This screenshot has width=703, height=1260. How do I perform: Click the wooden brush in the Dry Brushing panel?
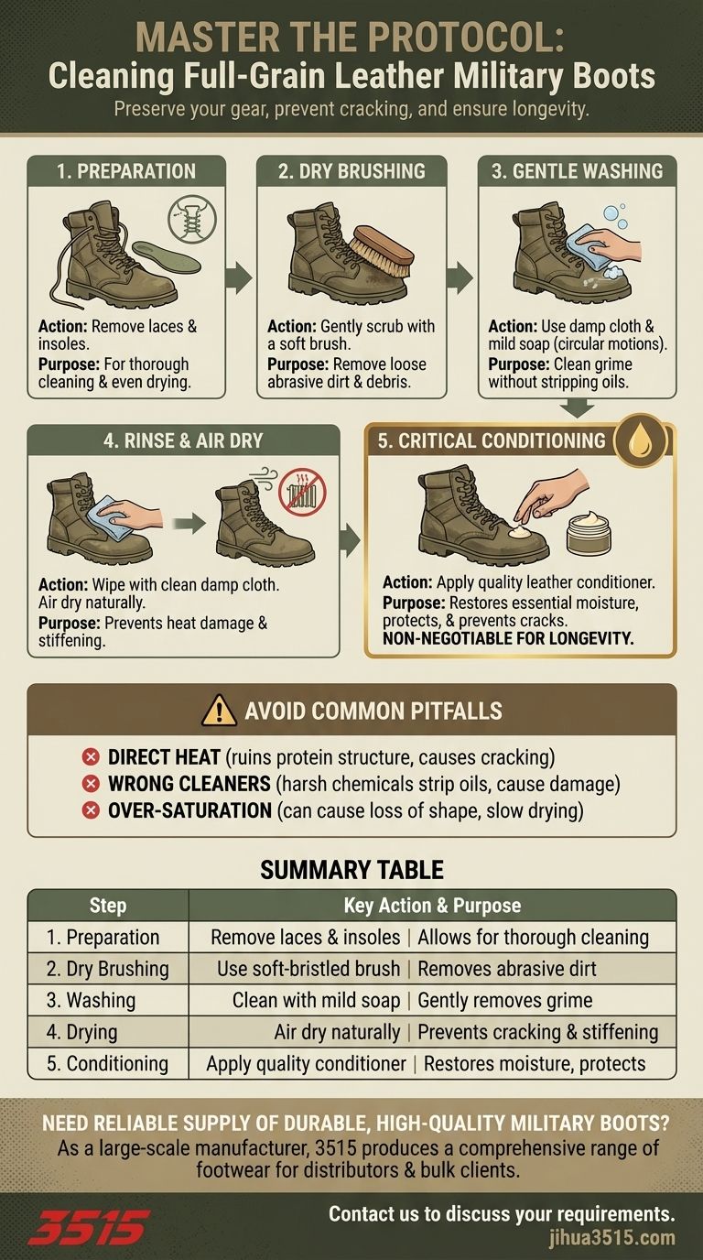(382, 251)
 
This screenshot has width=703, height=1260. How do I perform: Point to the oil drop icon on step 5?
(641, 440)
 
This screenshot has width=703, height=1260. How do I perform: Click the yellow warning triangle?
(219, 711)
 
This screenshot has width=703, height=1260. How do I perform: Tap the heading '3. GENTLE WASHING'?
(577, 171)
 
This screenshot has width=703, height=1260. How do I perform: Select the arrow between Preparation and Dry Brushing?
(241, 277)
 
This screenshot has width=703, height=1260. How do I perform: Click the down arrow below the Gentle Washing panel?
(578, 407)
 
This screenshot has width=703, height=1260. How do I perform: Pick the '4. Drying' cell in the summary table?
(82, 1032)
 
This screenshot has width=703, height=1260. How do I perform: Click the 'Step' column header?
(107, 905)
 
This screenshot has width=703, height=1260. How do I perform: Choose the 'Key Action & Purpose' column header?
(432, 905)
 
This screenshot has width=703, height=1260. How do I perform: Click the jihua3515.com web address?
(611, 1238)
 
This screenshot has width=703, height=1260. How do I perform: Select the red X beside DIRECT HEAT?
(91, 757)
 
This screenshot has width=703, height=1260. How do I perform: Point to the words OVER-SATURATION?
(190, 810)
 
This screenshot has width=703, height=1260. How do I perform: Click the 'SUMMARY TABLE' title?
(352, 870)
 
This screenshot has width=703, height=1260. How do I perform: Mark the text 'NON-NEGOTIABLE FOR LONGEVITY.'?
(508, 638)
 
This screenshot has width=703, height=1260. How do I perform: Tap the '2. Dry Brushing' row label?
(107, 969)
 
